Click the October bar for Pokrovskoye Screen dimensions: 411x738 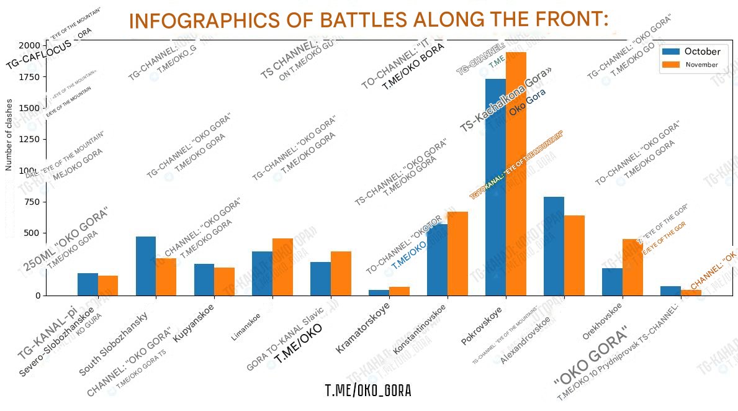coord(495,187)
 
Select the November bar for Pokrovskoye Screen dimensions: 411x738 coord(516,174)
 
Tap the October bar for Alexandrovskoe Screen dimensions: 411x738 coord(554,246)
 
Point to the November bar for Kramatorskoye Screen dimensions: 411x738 coord(399,291)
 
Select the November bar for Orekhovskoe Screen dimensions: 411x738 coord(632,267)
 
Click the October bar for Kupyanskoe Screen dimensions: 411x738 coord(204,279)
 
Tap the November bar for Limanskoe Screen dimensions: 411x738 coord(282,267)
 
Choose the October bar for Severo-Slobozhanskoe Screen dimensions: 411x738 coord(88,284)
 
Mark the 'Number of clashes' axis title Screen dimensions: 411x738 coord(9,133)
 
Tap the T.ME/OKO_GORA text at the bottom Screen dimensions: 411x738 coord(368,391)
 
